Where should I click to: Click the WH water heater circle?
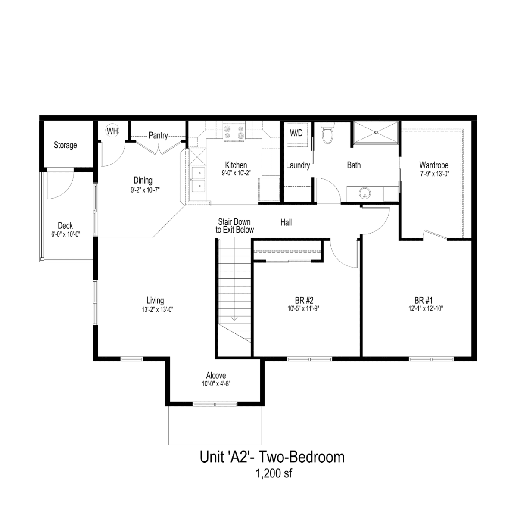(x=112, y=131)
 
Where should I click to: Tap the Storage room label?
(x=65, y=145)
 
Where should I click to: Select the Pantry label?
(x=158, y=135)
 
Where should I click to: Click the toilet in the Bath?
(x=327, y=134)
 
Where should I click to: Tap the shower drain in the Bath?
(x=376, y=132)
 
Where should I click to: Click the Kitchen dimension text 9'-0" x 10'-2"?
(x=236, y=173)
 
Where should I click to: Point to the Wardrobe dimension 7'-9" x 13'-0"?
(x=435, y=174)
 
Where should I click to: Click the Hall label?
(x=286, y=222)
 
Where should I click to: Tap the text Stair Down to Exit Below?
(x=235, y=226)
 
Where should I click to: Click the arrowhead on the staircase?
(x=234, y=318)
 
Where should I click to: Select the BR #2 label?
(x=303, y=300)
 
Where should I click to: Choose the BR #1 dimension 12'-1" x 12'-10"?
(x=426, y=309)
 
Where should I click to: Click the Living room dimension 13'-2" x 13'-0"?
(x=158, y=310)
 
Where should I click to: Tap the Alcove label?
(x=216, y=375)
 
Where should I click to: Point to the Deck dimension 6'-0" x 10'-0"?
(x=66, y=234)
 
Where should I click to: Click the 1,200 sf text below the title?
(x=274, y=481)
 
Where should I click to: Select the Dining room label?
(x=143, y=180)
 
